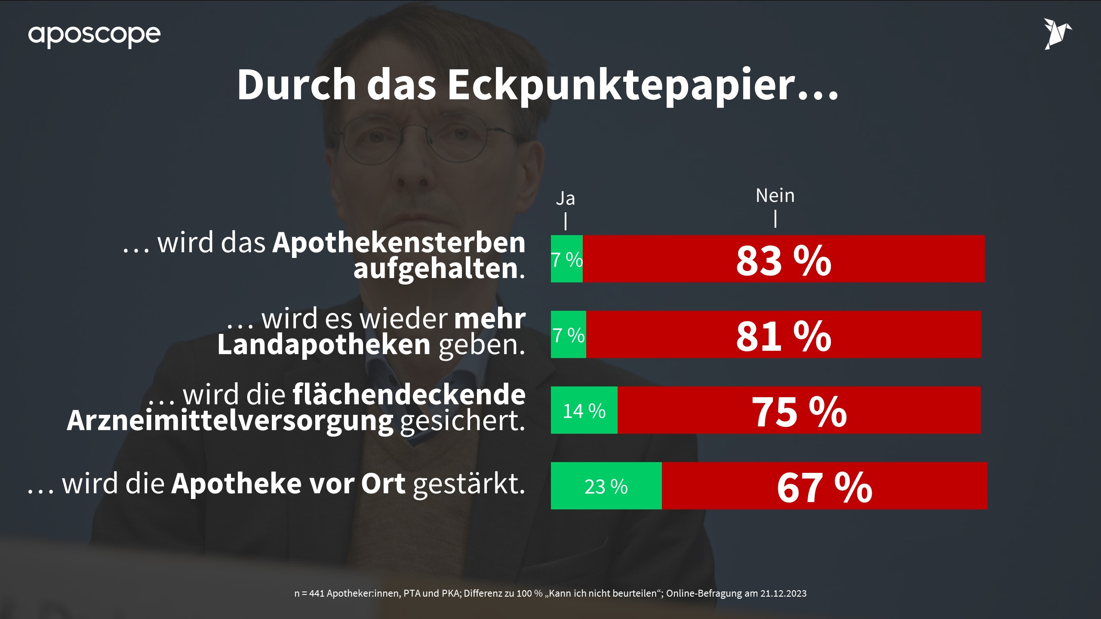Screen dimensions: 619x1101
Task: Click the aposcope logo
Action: coord(94,35)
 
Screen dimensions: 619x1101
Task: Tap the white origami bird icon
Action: coord(1058,34)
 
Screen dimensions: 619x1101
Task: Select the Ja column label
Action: coord(565,199)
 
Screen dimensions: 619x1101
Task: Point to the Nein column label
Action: coord(775,196)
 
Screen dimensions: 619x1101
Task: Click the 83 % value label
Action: coord(784,260)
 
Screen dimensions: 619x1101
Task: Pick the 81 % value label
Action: coord(784,336)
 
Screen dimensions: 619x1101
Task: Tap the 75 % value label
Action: coord(799,411)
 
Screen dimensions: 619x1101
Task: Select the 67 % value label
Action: coord(824,487)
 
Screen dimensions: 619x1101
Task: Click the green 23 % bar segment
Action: coord(606,486)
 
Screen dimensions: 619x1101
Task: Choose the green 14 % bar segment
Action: coord(584,411)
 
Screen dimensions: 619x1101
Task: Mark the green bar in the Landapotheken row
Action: coord(568,335)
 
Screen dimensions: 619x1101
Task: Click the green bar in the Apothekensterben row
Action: coord(567,259)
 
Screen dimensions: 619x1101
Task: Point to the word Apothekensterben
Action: coord(399,243)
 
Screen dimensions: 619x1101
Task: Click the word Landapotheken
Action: coord(324,345)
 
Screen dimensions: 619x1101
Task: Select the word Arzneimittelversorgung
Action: coord(230,420)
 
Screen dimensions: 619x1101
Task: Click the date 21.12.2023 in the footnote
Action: coord(783,594)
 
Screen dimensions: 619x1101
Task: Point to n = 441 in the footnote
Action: coord(309,594)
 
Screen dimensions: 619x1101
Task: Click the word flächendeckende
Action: coord(409,394)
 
